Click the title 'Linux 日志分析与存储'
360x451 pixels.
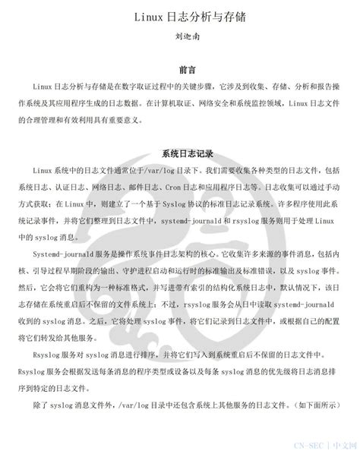[x=180, y=15]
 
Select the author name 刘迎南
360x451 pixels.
[x=180, y=35]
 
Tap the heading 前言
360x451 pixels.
[x=180, y=68]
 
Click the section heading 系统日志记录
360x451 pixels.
[x=180, y=153]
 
